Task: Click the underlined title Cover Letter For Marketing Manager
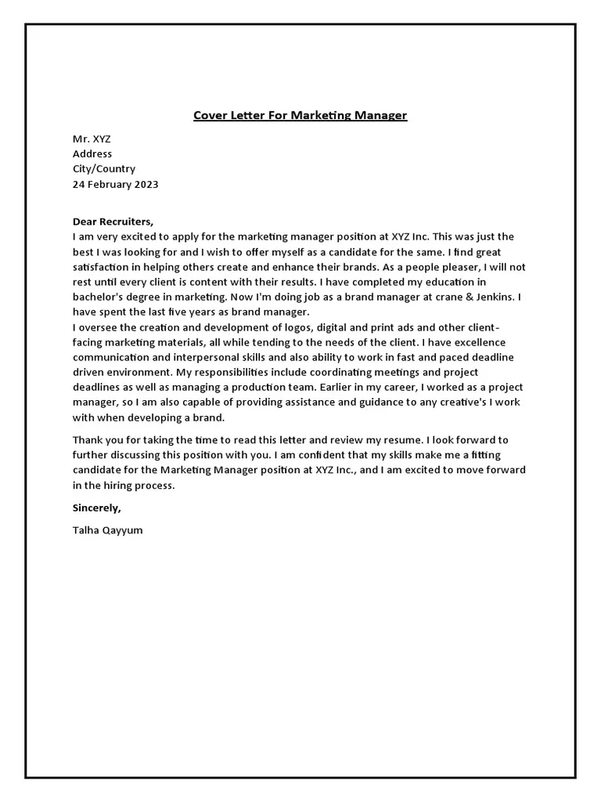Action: (x=300, y=116)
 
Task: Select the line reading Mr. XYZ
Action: (x=92, y=139)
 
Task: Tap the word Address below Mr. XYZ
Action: (x=92, y=154)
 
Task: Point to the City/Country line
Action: (x=104, y=168)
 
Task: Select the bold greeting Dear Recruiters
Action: (x=113, y=222)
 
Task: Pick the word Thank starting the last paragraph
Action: (x=88, y=440)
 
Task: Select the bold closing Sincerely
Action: (x=97, y=508)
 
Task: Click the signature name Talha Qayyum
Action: (x=108, y=530)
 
